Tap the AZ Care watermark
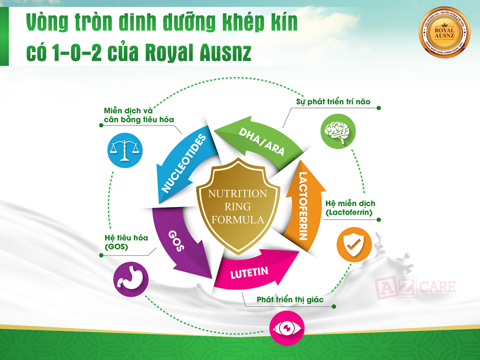[415, 287]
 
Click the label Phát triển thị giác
[290, 299]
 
